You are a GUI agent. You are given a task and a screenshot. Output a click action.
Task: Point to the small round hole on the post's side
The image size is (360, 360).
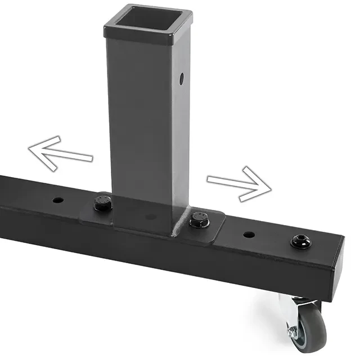coord(182,78)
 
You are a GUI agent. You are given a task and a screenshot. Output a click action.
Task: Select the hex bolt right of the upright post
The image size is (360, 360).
coord(199,219)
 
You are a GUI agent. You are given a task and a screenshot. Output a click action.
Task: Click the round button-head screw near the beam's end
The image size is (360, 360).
coord(300,241)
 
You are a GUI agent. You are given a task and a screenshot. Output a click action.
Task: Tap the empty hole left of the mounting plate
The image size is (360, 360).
coord(58,200)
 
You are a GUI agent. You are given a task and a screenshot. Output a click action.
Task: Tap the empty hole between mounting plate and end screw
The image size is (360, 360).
coord(249,234)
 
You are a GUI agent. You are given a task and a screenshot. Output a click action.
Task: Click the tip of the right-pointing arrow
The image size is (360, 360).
coord(270,187)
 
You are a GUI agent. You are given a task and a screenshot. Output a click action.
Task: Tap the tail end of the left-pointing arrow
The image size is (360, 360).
coord(91,158)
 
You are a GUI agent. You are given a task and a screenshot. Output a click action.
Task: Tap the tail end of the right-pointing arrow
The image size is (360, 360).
coord(209,179)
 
